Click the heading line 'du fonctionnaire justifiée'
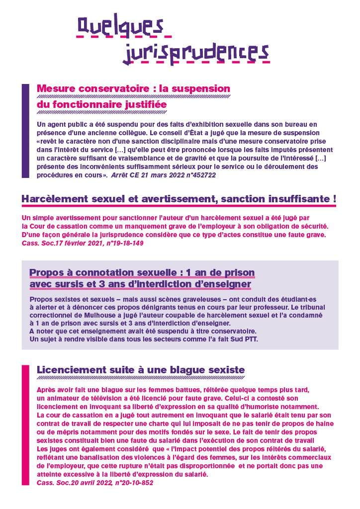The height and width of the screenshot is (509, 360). click(101, 105)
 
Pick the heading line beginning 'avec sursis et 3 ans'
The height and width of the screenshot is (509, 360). click(140, 284)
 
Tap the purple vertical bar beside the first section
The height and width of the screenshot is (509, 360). click(26, 131)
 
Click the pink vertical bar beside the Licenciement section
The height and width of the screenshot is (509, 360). click(26, 425)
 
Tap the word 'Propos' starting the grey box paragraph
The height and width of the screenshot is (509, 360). click(40, 299)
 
